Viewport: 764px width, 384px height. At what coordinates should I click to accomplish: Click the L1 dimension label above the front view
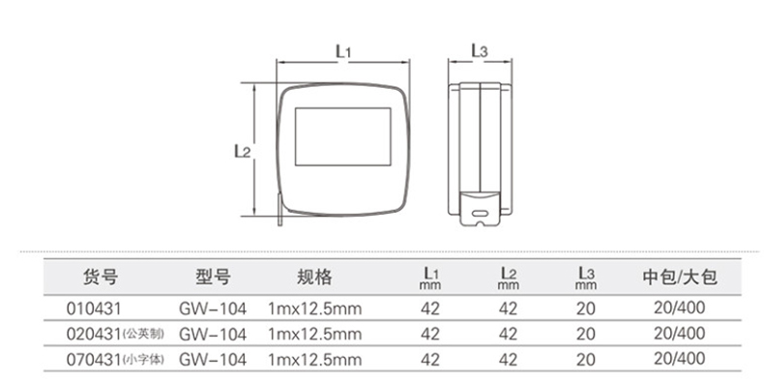click(343, 51)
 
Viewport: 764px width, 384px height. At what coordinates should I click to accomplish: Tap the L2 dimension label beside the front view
click(242, 151)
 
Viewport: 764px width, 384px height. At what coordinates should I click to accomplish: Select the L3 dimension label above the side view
click(480, 50)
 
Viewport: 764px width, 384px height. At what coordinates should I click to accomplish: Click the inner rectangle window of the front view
click(343, 137)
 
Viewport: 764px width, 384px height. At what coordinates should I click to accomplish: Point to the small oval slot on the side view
click(480, 213)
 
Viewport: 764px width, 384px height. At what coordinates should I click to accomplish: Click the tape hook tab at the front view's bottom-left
click(280, 210)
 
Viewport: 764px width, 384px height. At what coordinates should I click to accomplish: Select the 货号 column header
click(101, 277)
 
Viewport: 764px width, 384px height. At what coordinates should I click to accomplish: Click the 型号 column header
click(213, 277)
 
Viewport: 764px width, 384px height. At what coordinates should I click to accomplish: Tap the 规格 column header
click(314, 277)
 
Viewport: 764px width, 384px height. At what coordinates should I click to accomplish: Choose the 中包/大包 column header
click(680, 277)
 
